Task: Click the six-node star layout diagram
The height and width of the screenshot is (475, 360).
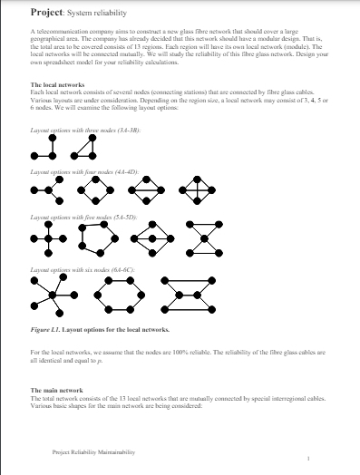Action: (50, 291)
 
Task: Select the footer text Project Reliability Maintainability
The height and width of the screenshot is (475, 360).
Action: (94, 451)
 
